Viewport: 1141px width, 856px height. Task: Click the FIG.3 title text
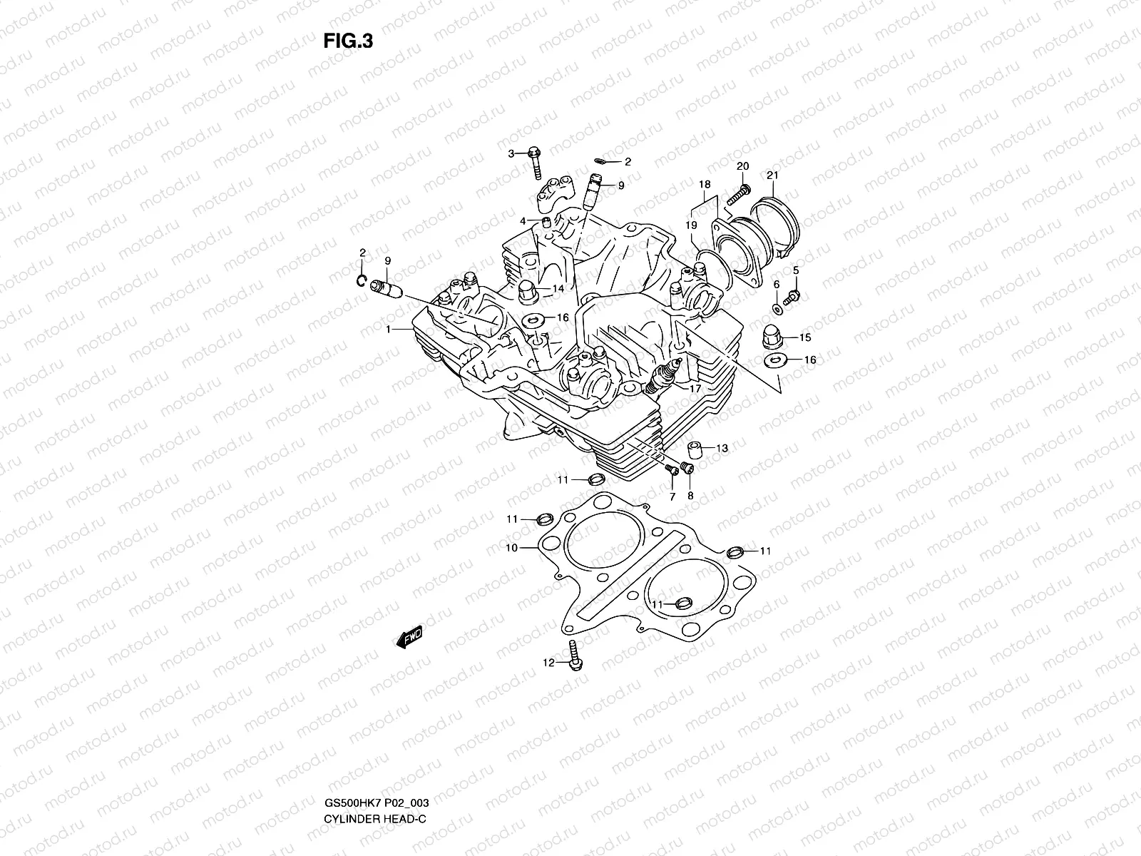[348, 41]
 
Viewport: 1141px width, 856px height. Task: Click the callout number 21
[773, 175]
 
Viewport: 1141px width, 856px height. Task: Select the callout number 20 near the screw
[742, 166]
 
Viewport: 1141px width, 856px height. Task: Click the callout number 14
[558, 289]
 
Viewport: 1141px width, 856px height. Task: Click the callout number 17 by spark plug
[695, 389]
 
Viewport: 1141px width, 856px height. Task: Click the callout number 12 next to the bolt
[548, 663]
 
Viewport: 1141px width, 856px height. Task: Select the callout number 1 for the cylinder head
[389, 330]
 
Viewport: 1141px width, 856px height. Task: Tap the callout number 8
[690, 495]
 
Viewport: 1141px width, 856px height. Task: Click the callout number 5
[796, 270]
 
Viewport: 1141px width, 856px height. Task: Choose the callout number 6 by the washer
[776, 284]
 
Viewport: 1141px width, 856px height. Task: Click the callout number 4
[523, 221]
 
